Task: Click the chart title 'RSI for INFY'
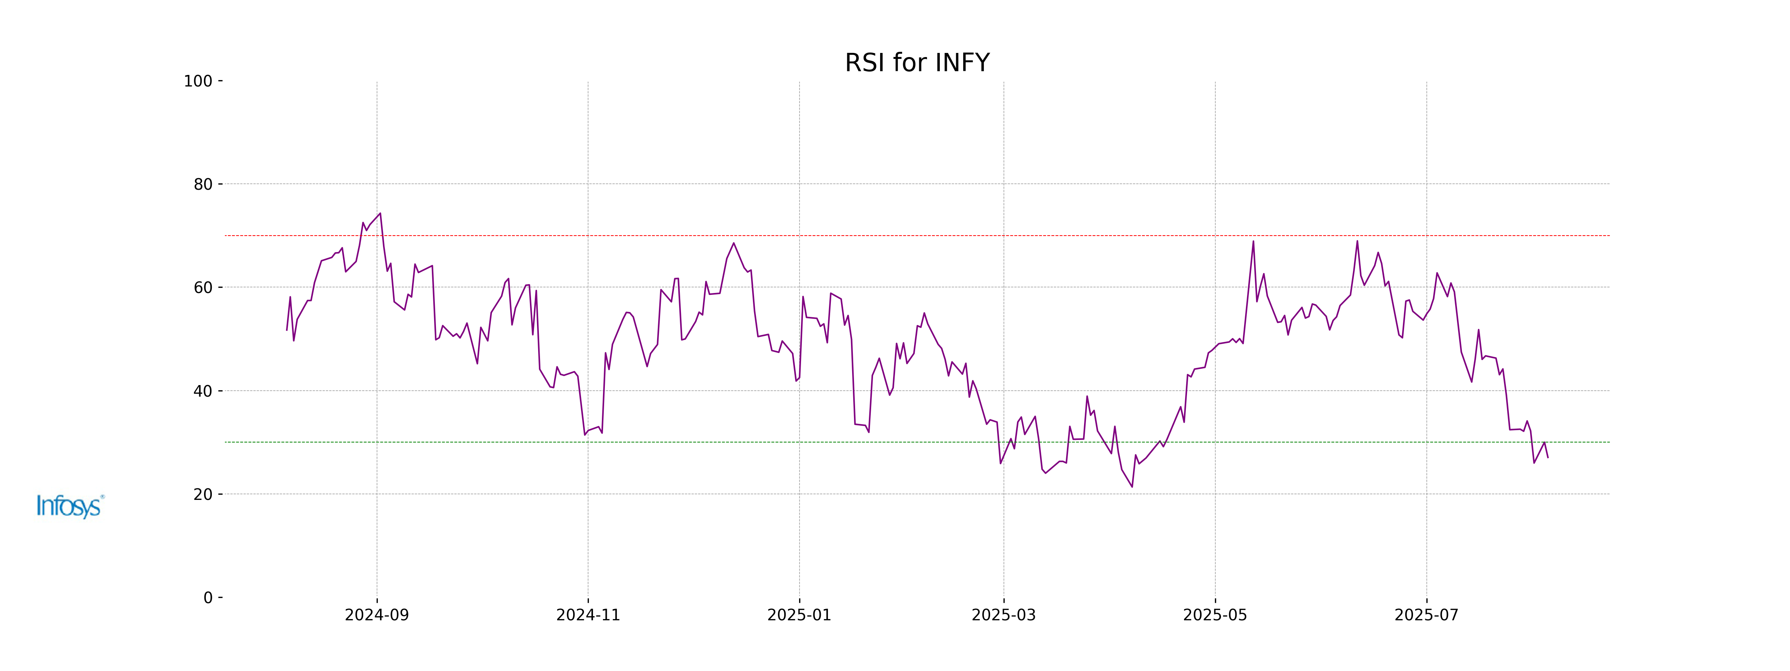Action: pos(917,63)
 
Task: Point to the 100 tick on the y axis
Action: pos(198,81)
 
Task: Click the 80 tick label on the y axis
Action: pos(203,185)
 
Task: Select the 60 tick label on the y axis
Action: pos(203,287)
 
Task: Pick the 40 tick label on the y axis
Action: pos(203,391)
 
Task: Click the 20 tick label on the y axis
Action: pos(203,495)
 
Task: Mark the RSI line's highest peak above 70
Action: pos(380,214)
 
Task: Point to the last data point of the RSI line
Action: pos(1548,457)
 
